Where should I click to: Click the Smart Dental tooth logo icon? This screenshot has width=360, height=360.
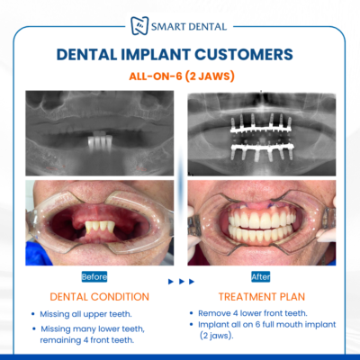tap(139, 26)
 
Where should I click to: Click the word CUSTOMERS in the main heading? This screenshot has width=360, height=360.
tap(244, 55)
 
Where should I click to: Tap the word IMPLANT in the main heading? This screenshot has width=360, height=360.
tap(156, 55)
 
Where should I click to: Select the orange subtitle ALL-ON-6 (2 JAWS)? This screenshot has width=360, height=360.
tap(182, 76)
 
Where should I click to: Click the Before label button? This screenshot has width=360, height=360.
tap(94, 276)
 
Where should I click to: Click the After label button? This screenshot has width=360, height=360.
tap(261, 276)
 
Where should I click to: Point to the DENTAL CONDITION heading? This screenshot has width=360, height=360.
tap(99, 297)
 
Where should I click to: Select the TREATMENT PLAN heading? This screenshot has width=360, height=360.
tap(262, 297)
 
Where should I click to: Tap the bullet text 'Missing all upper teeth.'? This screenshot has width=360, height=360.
tap(85, 314)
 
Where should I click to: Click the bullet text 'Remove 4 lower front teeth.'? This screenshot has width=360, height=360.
tap(253, 313)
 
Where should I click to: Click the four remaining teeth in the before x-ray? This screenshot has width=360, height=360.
tap(100, 141)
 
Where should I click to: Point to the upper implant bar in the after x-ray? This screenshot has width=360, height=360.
tap(261, 130)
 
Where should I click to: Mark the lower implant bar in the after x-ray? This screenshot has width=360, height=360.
tap(262, 148)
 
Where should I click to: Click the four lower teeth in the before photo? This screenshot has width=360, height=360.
tap(100, 227)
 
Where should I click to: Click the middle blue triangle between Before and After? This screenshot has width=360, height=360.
tap(181, 282)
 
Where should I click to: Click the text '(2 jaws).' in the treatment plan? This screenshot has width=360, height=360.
tap(217, 336)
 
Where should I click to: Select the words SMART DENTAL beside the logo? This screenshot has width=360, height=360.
tap(189, 27)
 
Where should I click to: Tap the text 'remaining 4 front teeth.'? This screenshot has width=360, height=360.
tap(87, 340)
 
